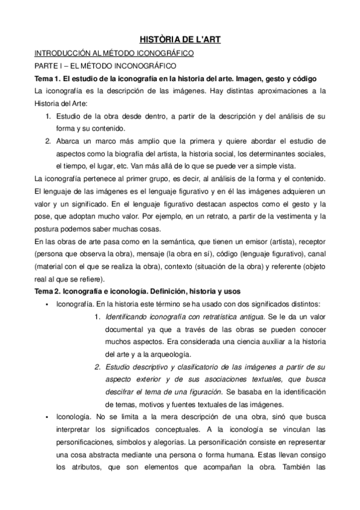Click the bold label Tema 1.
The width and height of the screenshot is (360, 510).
click(49, 79)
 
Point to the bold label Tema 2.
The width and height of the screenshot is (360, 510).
click(49, 290)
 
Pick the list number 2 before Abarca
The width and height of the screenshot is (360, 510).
click(47, 142)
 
